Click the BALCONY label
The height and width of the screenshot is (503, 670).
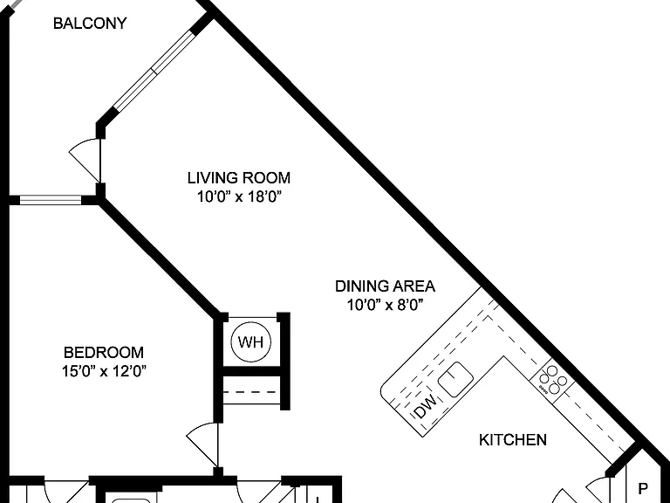[x=90, y=23]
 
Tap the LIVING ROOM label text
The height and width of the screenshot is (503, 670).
[x=239, y=177]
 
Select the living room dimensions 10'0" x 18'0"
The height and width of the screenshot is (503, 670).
[x=239, y=196]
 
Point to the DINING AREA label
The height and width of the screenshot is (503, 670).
[x=385, y=286]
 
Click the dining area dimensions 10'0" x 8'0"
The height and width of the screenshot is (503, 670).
[x=385, y=305]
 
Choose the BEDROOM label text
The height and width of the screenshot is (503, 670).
[x=104, y=353]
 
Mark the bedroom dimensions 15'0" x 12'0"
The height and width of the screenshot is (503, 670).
[x=104, y=371]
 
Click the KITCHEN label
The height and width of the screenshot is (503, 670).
[x=513, y=440]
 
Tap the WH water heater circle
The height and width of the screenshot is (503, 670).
[x=251, y=342]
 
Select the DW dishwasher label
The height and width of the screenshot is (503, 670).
[x=426, y=406]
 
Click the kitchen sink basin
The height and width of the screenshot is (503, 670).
[x=456, y=379]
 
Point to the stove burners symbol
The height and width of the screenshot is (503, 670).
[x=552, y=379]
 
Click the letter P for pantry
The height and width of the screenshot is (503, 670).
[x=643, y=488]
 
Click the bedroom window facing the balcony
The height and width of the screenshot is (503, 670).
[x=51, y=200]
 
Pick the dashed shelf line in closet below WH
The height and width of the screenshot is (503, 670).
[x=251, y=392]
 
